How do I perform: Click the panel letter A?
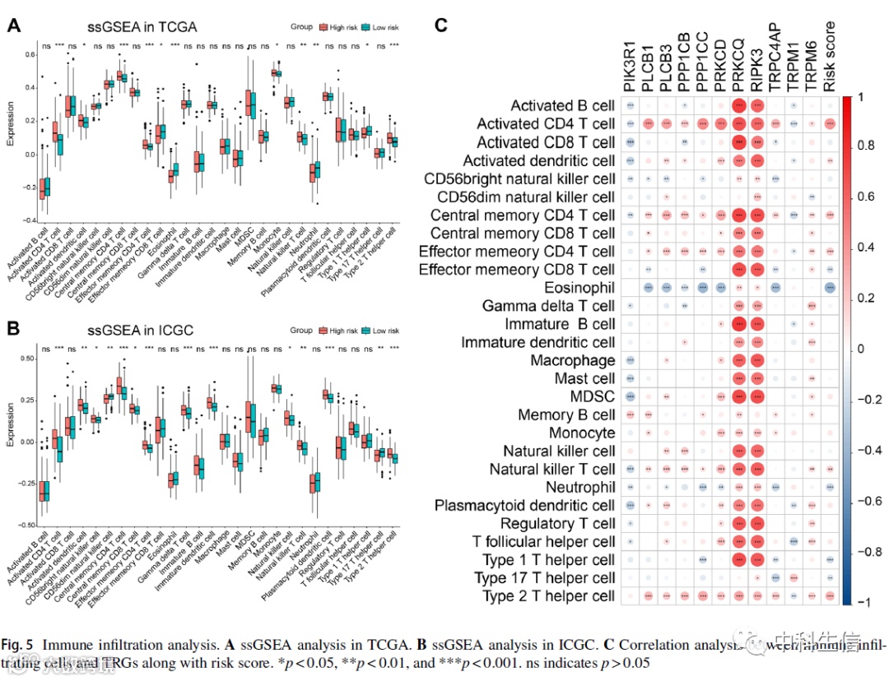[13, 26]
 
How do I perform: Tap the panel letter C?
[441, 26]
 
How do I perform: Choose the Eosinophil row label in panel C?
[579, 287]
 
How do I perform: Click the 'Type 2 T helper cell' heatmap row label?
[549, 595]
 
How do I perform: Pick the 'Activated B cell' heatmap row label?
[562, 106]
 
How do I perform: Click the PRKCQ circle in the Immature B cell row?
[738, 324]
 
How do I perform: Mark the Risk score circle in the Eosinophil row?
[829, 288]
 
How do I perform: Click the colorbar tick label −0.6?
[868, 502]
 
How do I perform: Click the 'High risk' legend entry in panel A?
[342, 27]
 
